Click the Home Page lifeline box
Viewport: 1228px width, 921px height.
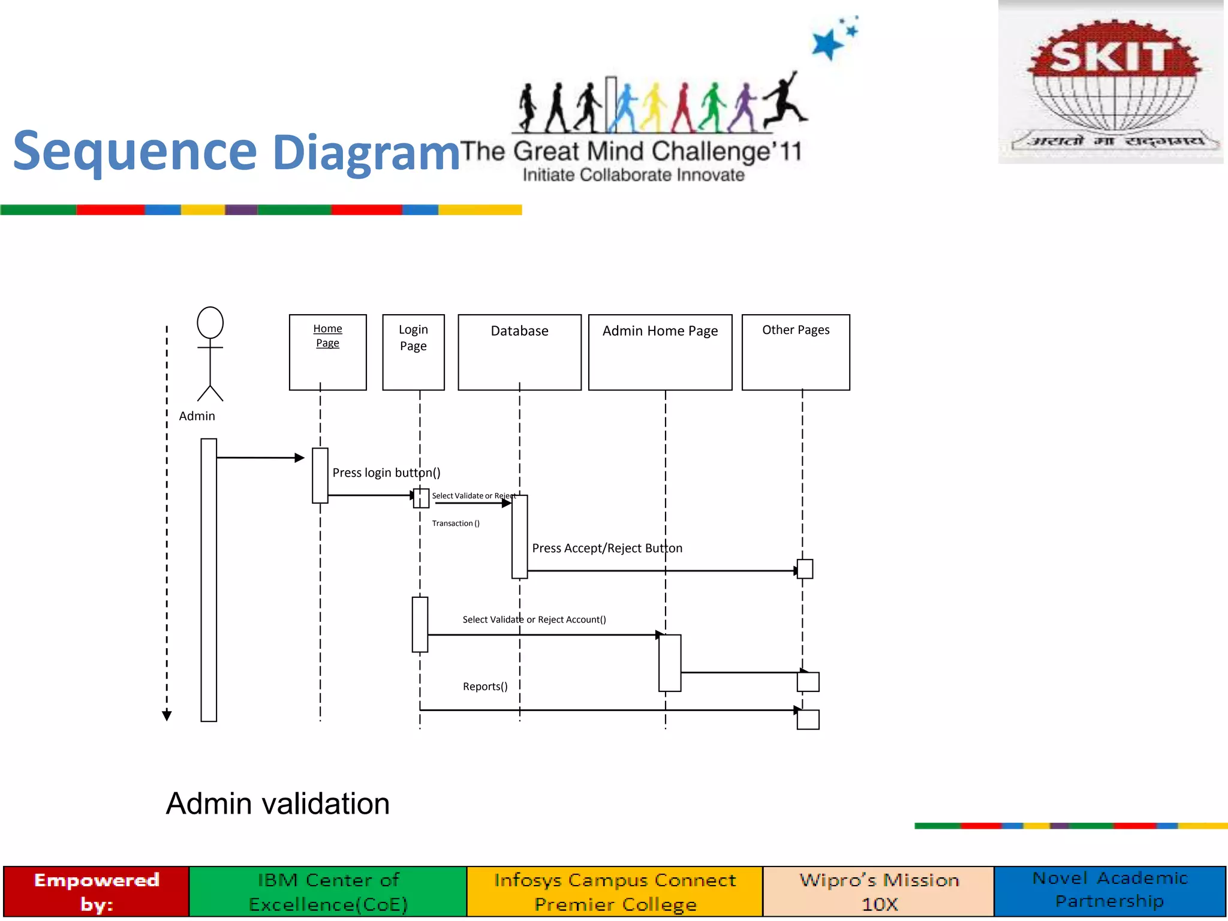(x=327, y=352)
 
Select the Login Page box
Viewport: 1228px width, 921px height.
(x=413, y=352)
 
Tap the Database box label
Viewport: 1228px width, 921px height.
(x=519, y=331)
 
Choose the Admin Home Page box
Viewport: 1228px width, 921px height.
(x=660, y=352)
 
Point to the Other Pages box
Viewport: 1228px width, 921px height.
(x=796, y=352)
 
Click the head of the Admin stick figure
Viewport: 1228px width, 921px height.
(x=210, y=323)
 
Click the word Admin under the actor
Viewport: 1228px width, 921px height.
(x=197, y=416)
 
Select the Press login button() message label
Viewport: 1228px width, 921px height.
(x=386, y=472)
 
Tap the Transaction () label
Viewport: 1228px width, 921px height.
(x=456, y=523)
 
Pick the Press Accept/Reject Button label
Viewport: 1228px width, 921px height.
(x=607, y=548)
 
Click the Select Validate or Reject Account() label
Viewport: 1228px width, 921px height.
(x=534, y=619)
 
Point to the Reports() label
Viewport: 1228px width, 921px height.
(x=485, y=687)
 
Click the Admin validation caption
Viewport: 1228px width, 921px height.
(x=278, y=803)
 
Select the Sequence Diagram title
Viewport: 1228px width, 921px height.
(x=236, y=151)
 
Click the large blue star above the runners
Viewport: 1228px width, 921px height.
(x=827, y=44)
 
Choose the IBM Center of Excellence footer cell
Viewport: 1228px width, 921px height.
(x=328, y=892)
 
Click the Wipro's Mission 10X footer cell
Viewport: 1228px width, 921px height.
(x=878, y=892)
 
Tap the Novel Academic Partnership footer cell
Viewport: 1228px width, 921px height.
(x=1110, y=890)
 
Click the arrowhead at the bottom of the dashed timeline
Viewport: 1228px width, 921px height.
(x=167, y=715)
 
